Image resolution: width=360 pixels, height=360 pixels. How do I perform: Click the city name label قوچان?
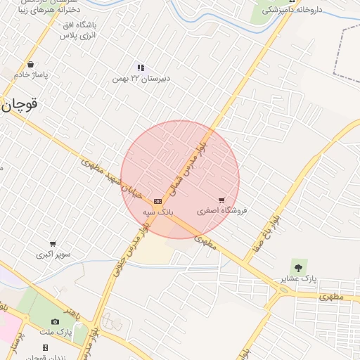tap(19, 105)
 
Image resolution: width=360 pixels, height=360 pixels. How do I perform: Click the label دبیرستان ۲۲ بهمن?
tap(141, 79)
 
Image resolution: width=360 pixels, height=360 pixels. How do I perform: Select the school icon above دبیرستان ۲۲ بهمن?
tap(141, 67)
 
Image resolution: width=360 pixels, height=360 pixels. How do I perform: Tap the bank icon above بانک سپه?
tap(157, 201)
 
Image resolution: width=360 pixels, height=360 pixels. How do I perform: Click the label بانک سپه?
tap(157, 211)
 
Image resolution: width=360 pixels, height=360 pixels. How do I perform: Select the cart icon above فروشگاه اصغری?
tap(222, 201)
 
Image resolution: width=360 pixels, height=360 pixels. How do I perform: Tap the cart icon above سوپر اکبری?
tap(53, 244)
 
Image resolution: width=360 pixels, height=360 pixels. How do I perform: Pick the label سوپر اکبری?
tap(53, 255)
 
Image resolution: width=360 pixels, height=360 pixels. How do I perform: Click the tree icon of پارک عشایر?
tap(299, 267)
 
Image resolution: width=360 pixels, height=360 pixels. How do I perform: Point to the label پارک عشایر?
tap(299, 279)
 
